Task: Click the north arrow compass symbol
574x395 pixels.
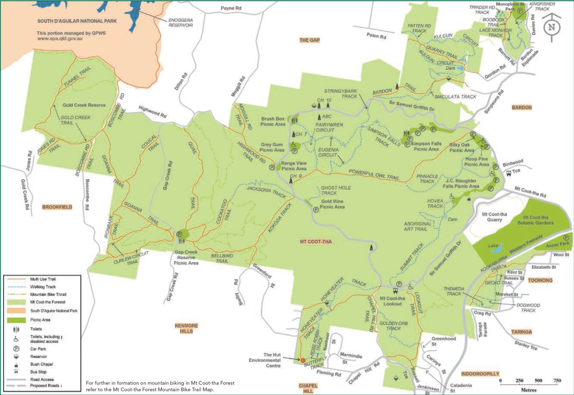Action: [x=552, y=26]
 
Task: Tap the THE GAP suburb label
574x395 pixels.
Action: [x=309, y=40]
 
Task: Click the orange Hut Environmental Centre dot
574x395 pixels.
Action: [x=303, y=360]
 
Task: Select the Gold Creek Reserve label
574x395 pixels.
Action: [x=84, y=105]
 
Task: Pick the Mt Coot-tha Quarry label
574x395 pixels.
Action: [x=493, y=218]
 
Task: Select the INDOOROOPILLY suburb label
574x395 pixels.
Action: [x=480, y=374]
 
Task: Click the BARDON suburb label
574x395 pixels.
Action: [x=522, y=107]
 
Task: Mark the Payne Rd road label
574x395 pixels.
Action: [x=231, y=9]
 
